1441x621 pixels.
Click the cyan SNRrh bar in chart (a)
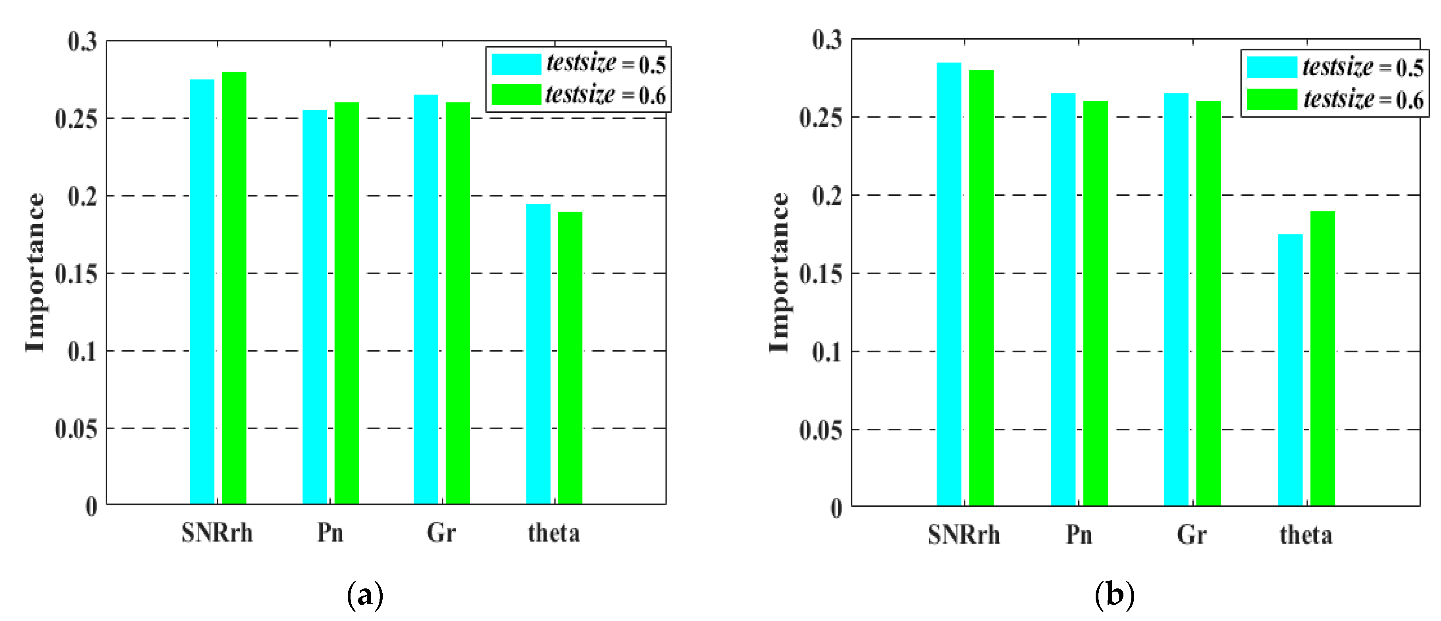[202, 291]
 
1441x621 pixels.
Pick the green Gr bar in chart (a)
[458, 302]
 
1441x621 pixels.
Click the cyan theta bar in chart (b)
[1290, 370]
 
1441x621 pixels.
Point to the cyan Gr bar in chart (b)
[1176, 300]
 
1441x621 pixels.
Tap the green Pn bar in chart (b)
[1095, 303]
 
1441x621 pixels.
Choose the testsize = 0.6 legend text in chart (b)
[1363, 100]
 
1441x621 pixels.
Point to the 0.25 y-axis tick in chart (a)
[75, 119]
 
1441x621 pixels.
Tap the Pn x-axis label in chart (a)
[330, 532]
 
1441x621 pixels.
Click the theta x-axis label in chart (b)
[1306, 535]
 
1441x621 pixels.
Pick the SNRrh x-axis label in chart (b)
[963, 535]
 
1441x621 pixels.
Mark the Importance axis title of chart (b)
[779, 272]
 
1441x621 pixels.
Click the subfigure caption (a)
[365, 595]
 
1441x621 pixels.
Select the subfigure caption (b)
[1114, 595]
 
